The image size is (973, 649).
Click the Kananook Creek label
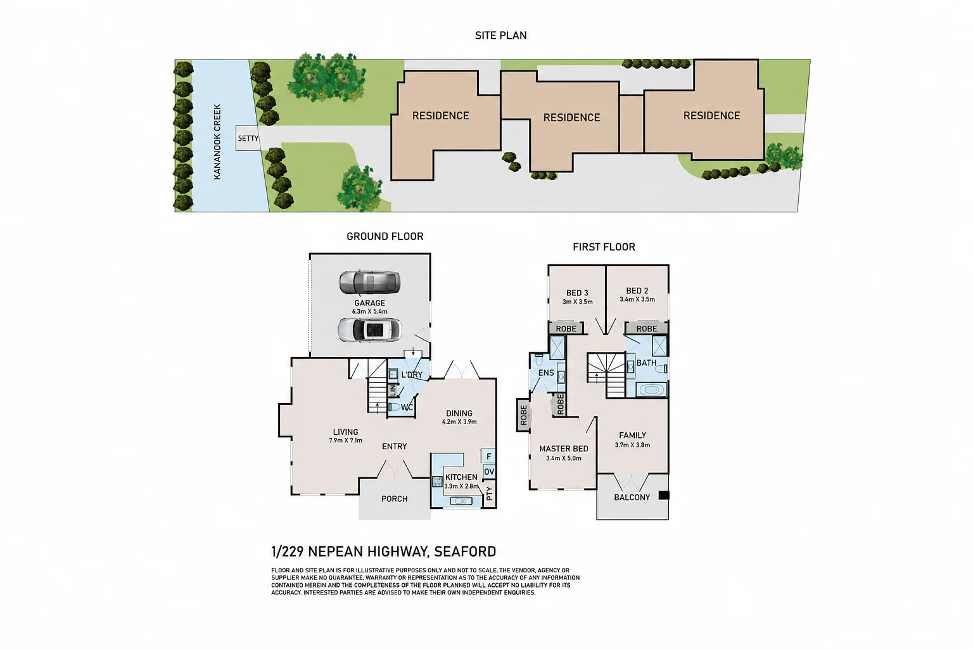click(217, 142)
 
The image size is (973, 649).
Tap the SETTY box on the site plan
click(248, 138)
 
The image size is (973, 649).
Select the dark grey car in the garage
click(370, 283)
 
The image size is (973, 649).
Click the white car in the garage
click(370, 330)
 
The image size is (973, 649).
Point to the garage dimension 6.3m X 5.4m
click(370, 312)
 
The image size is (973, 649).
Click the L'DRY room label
click(412, 375)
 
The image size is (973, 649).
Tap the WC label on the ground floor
click(407, 408)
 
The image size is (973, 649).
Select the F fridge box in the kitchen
click(488, 456)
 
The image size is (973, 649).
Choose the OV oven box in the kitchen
click(488, 472)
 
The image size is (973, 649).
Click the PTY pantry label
click(490, 493)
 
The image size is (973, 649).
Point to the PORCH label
click(395, 499)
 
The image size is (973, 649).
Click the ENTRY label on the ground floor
click(395, 446)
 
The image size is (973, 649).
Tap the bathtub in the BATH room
click(651, 390)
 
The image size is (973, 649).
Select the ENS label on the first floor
click(546, 373)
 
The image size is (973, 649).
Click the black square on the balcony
click(664, 495)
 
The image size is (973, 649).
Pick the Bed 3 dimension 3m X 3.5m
click(577, 302)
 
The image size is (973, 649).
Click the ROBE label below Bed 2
click(647, 329)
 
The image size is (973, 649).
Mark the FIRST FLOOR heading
click(604, 247)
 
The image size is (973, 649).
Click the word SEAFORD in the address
click(465, 551)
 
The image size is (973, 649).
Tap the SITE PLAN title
click(501, 35)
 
